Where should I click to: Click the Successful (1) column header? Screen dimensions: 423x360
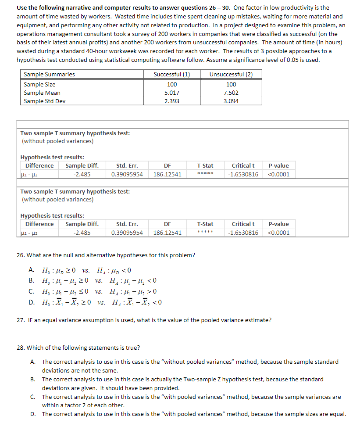tap(172, 74)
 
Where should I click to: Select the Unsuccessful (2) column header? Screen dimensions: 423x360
tap(231, 74)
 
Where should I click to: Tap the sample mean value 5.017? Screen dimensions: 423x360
tap(172, 93)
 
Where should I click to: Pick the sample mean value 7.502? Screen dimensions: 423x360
tap(231, 93)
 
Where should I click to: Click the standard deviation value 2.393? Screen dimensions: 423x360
tap(172, 101)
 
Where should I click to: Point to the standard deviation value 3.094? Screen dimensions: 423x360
tap(231, 101)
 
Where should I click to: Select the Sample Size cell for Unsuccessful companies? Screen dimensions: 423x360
tap(231, 84)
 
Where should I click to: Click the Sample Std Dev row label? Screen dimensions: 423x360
tap(42, 101)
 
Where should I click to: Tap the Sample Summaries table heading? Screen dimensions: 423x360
tap(49, 74)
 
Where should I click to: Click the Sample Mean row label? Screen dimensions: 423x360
tap(42, 93)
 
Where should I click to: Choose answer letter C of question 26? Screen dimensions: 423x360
tap(32, 291)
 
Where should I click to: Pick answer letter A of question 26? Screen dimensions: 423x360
tap(32, 270)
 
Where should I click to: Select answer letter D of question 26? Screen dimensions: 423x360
tap(32, 302)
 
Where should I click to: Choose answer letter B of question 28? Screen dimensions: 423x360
tap(33, 379)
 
